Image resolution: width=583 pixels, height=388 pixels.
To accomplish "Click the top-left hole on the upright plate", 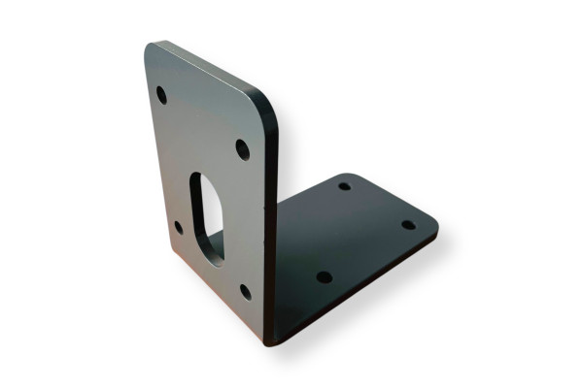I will click(x=161, y=95).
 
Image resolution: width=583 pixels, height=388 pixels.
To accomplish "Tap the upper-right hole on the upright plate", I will click(x=242, y=149).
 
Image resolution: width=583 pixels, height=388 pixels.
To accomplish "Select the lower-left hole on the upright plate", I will click(x=178, y=228).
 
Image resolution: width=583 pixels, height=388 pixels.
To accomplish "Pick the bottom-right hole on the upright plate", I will click(x=246, y=291).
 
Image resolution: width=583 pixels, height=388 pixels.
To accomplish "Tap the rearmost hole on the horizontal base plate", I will click(x=344, y=185).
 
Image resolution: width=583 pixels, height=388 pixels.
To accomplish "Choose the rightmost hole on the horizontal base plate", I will click(x=409, y=224).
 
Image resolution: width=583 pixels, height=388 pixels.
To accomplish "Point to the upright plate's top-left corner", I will click(x=150, y=46).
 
